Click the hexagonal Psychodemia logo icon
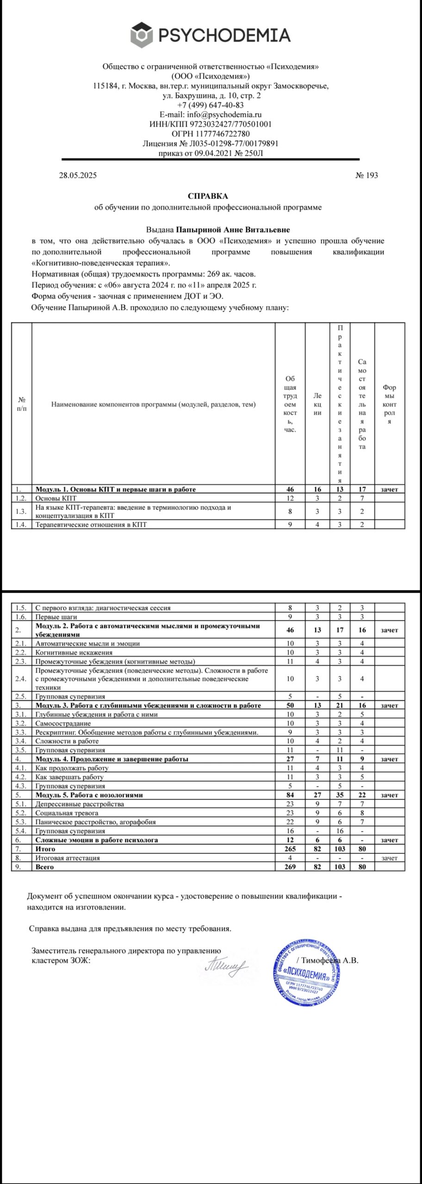pyautogui.click(x=142, y=35)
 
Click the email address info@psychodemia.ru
pyautogui.click(x=224, y=115)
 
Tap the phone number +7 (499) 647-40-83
pyautogui.click(x=211, y=105)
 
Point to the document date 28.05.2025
pyautogui.click(x=78, y=175)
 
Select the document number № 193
pyautogui.click(x=366, y=175)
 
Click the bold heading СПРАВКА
pyautogui.click(x=208, y=196)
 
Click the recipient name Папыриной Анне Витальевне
pyautogui.click(x=234, y=229)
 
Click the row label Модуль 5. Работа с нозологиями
pyautogui.click(x=89, y=795)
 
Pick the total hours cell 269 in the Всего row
pyautogui.click(x=290, y=867)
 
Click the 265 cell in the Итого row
pyautogui.click(x=290, y=849)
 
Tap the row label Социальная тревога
pyautogui.click(x=67, y=813)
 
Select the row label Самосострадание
pyautogui.click(x=63, y=723)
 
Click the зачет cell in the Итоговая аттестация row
pyautogui.click(x=389, y=858)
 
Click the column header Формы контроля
pyautogui.click(x=389, y=404)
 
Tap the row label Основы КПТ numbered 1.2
pyautogui.click(x=56, y=498)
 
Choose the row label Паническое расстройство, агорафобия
pyautogui.click(x=96, y=822)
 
